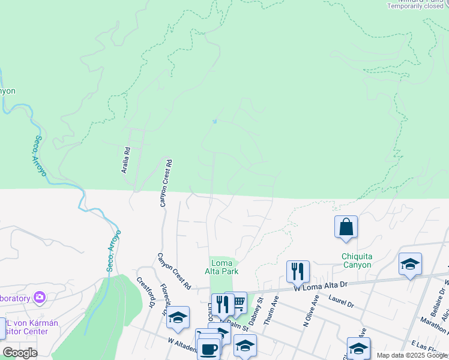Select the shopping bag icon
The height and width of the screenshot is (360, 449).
346,227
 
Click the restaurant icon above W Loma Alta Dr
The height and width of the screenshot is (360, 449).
298,271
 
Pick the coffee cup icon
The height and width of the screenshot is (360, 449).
209,349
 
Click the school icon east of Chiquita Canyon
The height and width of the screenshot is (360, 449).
410,264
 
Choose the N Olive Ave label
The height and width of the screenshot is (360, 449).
311,310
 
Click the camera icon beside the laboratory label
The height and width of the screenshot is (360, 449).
40,296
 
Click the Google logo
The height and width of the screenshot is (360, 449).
20,353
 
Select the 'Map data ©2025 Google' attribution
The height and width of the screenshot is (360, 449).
412,355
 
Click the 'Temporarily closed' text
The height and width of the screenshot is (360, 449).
416,6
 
